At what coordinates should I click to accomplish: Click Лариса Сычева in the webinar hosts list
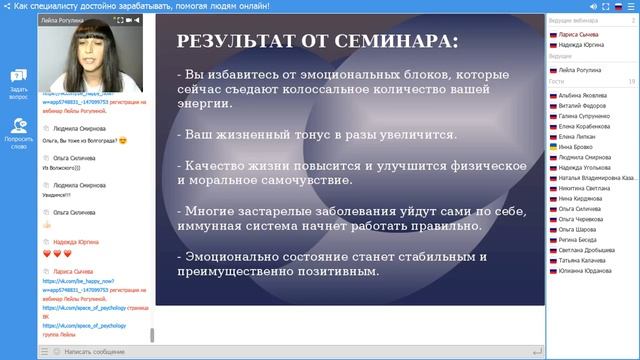click(x=580, y=34)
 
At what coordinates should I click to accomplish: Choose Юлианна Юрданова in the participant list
click(x=586, y=269)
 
